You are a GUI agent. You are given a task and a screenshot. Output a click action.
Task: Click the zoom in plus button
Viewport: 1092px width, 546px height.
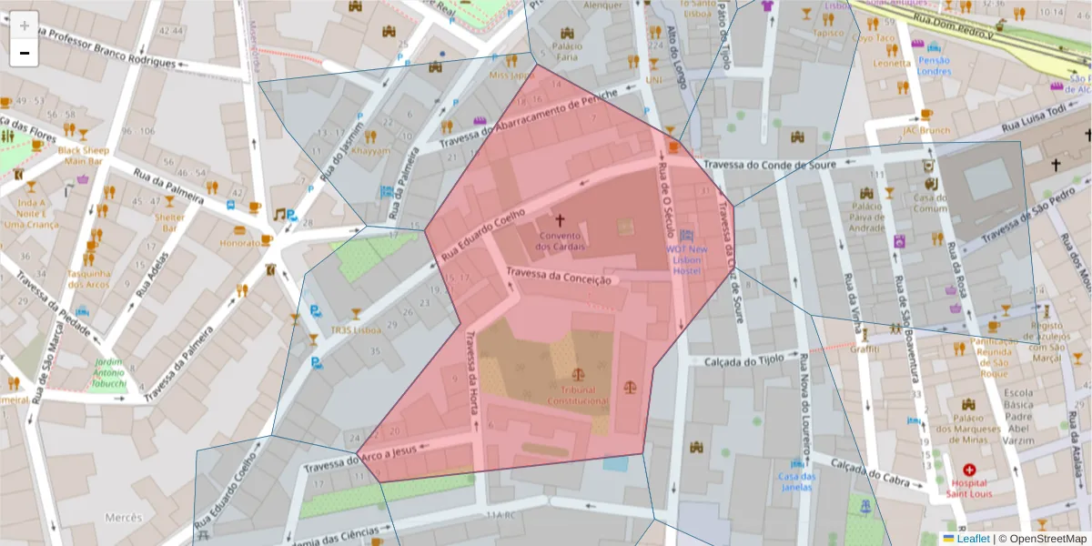click(25, 25)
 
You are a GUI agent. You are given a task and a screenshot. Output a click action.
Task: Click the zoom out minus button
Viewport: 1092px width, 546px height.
click(25, 53)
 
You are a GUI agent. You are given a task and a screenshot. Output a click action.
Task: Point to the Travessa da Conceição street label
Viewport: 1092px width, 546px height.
click(558, 277)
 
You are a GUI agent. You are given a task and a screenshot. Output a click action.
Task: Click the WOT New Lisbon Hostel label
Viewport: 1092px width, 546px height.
click(686, 259)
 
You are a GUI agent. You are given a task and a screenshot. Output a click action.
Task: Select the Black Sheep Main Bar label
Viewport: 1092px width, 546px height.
click(83, 156)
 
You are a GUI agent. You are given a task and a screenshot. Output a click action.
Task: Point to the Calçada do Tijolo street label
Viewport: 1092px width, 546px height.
click(743, 359)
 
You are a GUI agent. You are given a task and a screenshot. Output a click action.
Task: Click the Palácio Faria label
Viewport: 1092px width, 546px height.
click(568, 51)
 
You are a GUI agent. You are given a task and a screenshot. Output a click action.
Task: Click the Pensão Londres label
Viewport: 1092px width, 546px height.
click(933, 66)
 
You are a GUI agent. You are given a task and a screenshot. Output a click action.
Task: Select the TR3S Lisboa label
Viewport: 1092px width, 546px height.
click(356, 330)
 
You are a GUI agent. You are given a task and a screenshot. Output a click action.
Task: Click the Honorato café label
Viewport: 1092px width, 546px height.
click(239, 244)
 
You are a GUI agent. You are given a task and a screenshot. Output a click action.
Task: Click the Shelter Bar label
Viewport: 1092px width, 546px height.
click(169, 222)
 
